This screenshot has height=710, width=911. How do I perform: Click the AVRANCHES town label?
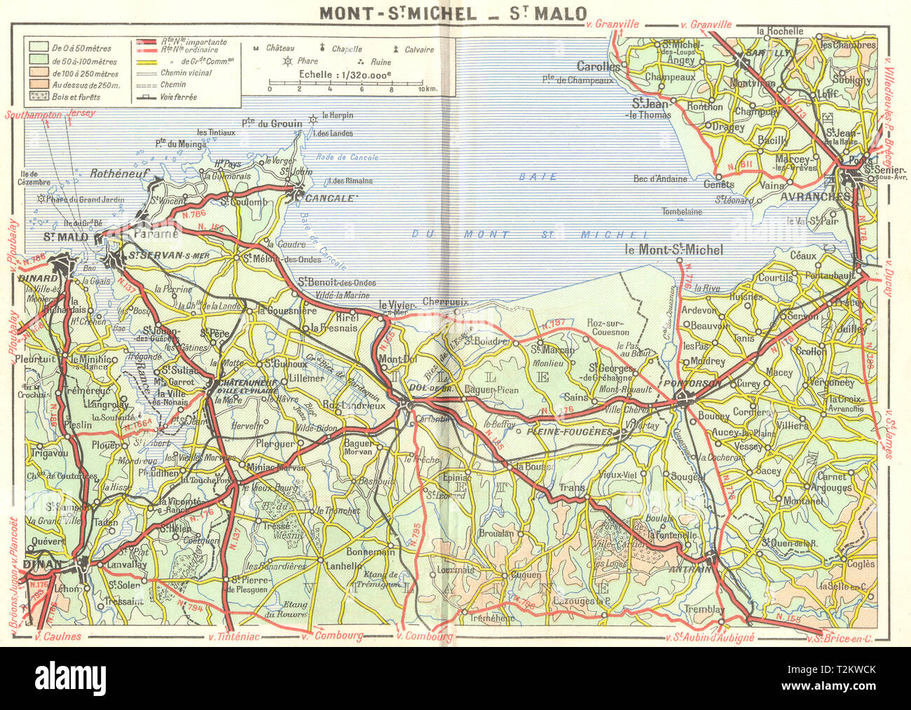tap(814, 197)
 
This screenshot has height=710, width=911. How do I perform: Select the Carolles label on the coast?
tap(598, 67)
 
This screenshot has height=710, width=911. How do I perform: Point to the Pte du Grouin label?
tap(272, 124)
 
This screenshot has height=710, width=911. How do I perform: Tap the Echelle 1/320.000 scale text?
tap(345, 74)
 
